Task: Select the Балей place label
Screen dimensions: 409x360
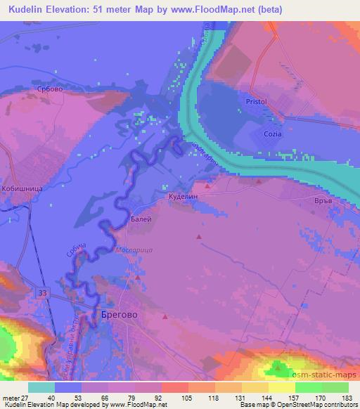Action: tap(141, 219)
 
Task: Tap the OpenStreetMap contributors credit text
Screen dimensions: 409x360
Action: tap(316, 405)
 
